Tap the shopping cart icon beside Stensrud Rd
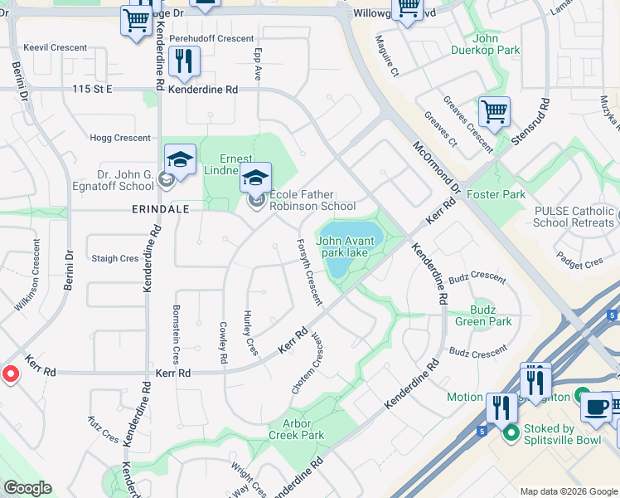coord(494,112)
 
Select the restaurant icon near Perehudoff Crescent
coord(182,62)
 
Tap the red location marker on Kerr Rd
coord(10,374)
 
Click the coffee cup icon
coord(595,408)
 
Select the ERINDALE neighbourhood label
coord(160,210)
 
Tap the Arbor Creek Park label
coord(297,429)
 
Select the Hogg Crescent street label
coord(120,139)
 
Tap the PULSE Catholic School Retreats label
coord(574,217)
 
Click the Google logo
coord(27,488)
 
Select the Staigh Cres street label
coord(114,259)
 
